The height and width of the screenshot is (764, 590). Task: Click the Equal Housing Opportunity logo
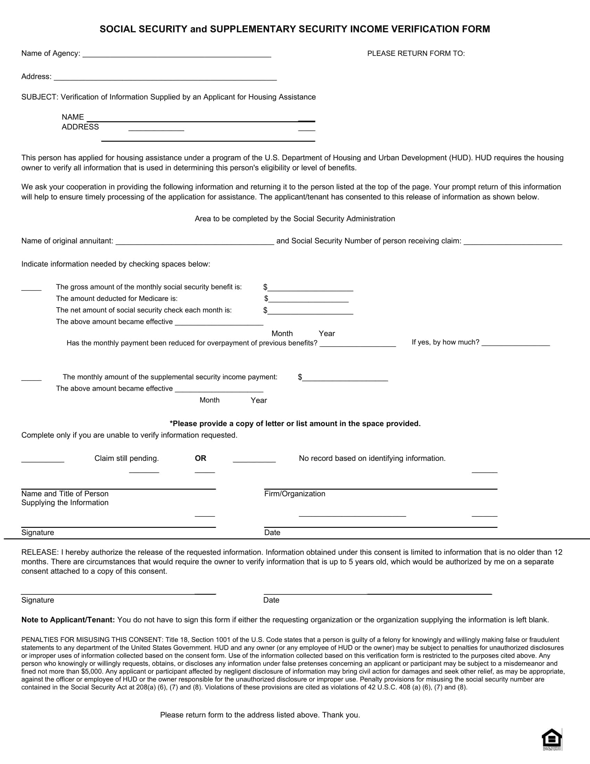[551, 739]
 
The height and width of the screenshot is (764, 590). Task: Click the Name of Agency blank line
[177, 54]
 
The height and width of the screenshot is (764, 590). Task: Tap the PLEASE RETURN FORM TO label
[415, 53]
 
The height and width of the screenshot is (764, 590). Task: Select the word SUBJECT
[39, 97]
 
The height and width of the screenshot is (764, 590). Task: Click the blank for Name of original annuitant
[195, 242]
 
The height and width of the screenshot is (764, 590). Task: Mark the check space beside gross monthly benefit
[31, 288]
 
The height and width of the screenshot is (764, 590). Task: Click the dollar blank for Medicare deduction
[308, 299]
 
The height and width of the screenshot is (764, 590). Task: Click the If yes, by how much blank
[515, 343]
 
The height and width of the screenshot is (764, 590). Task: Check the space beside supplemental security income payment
[31, 377]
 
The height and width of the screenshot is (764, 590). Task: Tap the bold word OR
[200, 458]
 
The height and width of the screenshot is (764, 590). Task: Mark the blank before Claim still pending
[43, 459]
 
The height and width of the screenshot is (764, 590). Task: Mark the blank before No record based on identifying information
[254, 459]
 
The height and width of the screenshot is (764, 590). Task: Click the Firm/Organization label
[294, 493]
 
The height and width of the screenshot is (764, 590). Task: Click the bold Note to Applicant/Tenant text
[68, 620]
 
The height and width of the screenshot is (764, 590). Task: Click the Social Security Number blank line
[513, 242]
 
